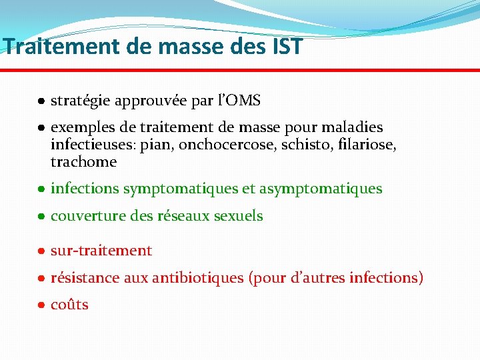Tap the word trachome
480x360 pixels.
click(83, 162)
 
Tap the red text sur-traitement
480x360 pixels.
click(101, 251)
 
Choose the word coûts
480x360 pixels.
click(69, 305)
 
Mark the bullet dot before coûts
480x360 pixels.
click(41, 305)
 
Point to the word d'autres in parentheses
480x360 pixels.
click(317, 278)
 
